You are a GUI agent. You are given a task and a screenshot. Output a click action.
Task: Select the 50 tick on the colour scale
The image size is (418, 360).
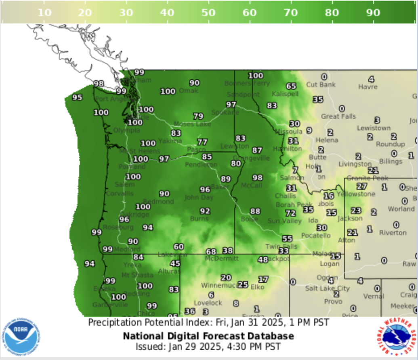208,13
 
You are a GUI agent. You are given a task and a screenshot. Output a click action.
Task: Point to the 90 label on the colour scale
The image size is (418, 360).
373,13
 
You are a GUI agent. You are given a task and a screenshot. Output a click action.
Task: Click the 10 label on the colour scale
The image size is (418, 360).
44,13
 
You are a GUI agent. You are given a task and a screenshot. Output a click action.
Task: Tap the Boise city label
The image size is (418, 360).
249,219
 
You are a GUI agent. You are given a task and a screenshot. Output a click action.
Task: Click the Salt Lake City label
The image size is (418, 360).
327,288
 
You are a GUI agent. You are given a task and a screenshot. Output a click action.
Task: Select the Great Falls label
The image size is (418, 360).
338,116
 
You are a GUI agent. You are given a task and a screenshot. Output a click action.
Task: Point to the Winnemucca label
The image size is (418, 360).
218,285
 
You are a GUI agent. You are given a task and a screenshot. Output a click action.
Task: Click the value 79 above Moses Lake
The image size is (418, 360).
198,116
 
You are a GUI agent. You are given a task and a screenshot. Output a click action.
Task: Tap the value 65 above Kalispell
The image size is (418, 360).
291,86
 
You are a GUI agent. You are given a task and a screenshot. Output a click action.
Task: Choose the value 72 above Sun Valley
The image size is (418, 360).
290,213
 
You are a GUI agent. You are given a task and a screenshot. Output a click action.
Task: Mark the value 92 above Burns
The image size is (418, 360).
205,211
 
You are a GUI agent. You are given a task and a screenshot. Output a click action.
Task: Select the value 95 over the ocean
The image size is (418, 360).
77,97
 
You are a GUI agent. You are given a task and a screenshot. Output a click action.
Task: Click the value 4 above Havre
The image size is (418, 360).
371,79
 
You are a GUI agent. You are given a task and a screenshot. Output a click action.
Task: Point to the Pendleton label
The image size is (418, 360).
201,165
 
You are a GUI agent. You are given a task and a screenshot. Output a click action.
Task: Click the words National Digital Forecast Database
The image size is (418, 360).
208,336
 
